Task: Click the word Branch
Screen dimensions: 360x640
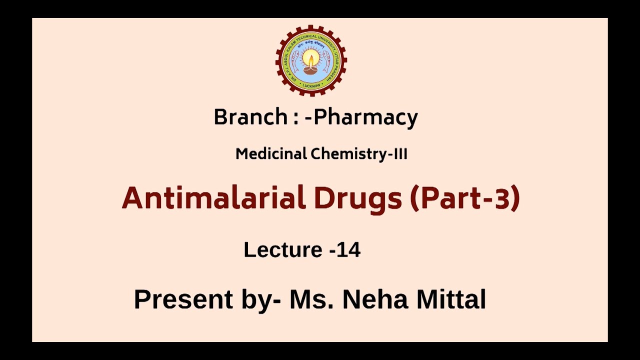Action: [x=250, y=117]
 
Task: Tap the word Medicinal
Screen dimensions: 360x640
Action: [x=271, y=154]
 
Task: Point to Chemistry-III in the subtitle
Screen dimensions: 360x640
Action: [x=359, y=154]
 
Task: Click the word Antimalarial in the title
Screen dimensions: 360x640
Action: [x=213, y=198]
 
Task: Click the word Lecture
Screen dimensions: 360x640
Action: [x=282, y=249]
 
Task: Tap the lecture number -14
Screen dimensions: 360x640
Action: [x=345, y=249]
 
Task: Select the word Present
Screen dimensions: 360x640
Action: [x=183, y=299]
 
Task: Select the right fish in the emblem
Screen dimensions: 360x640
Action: [x=327, y=61]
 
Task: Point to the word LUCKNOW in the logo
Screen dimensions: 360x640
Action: [x=311, y=85]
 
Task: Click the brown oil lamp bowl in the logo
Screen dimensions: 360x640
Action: [x=311, y=70]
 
